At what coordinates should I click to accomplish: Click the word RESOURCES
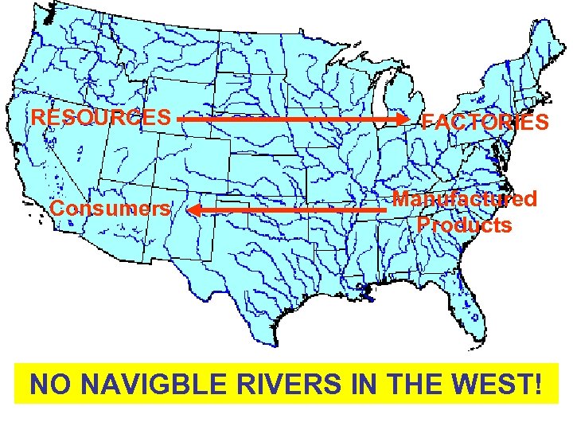pos(101,118)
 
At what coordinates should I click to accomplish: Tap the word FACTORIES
pos(485,122)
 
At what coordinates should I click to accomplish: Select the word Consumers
pos(110,209)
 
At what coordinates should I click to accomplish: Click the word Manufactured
pos(466,199)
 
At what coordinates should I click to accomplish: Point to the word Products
pos(465,225)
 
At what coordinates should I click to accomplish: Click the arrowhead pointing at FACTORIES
pos(403,119)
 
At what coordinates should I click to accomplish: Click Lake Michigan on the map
pos(385,107)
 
